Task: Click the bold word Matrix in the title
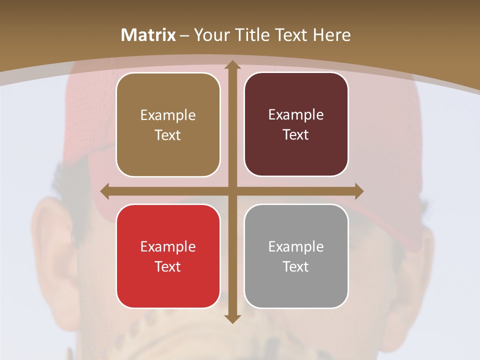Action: [148, 35]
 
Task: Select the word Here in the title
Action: [331, 35]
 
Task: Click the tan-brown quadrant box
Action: [168, 124]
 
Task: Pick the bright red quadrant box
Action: [168, 256]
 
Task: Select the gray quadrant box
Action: [296, 256]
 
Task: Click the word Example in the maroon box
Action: [296, 115]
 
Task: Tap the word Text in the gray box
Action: [296, 266]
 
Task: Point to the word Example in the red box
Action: [168, 246]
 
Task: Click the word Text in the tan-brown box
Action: [168, 135]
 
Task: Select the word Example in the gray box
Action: [296, 246]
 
